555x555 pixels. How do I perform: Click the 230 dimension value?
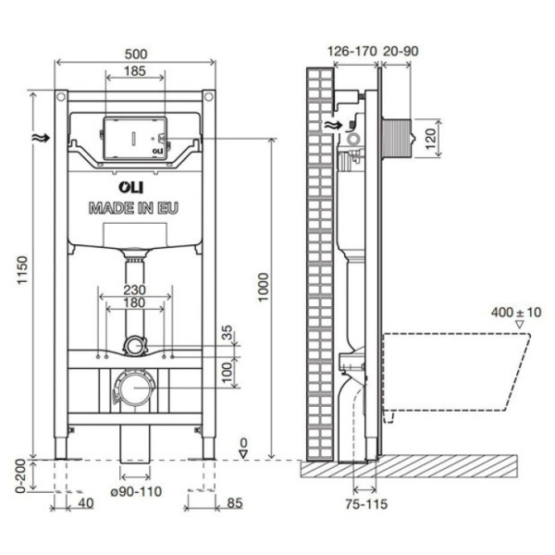point(135,289)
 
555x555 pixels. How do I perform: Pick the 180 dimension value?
point(135,302)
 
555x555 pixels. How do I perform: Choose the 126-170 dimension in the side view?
point(353,52)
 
